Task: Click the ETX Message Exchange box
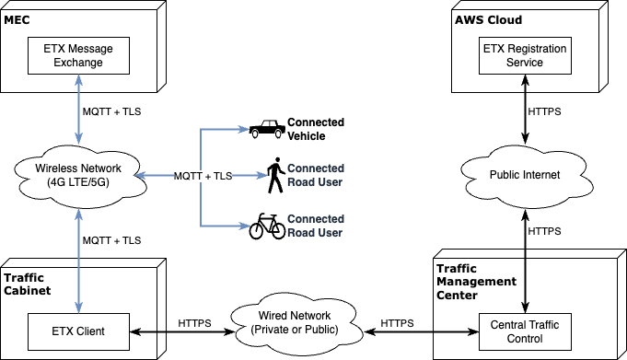(x=78, y=55)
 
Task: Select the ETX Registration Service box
(x=525, y=55)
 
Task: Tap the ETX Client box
(x=78, y=331)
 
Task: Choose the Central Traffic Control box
(x=525, y=331)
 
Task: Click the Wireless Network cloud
(x=78, y=176)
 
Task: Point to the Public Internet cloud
(x=525, y=176)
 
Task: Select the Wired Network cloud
(x=295, y=324)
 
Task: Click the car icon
(x=267, y=129)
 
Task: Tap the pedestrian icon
(x=275, y=175)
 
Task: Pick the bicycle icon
(x=267, y=226)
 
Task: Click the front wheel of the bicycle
(x=258, y=231)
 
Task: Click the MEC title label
(x=17, y=19)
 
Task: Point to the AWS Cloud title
(x=488, y=19)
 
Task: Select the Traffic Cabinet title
(x=28, y=284)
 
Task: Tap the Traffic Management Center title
(x=476, y=282)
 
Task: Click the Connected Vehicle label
(x=316, y=129)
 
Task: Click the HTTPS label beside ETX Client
(x=194, y=323)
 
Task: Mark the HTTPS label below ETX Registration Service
(x=544, y=111)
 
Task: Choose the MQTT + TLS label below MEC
(x=111, y=111)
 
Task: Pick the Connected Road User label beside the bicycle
(x=316, y=226)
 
